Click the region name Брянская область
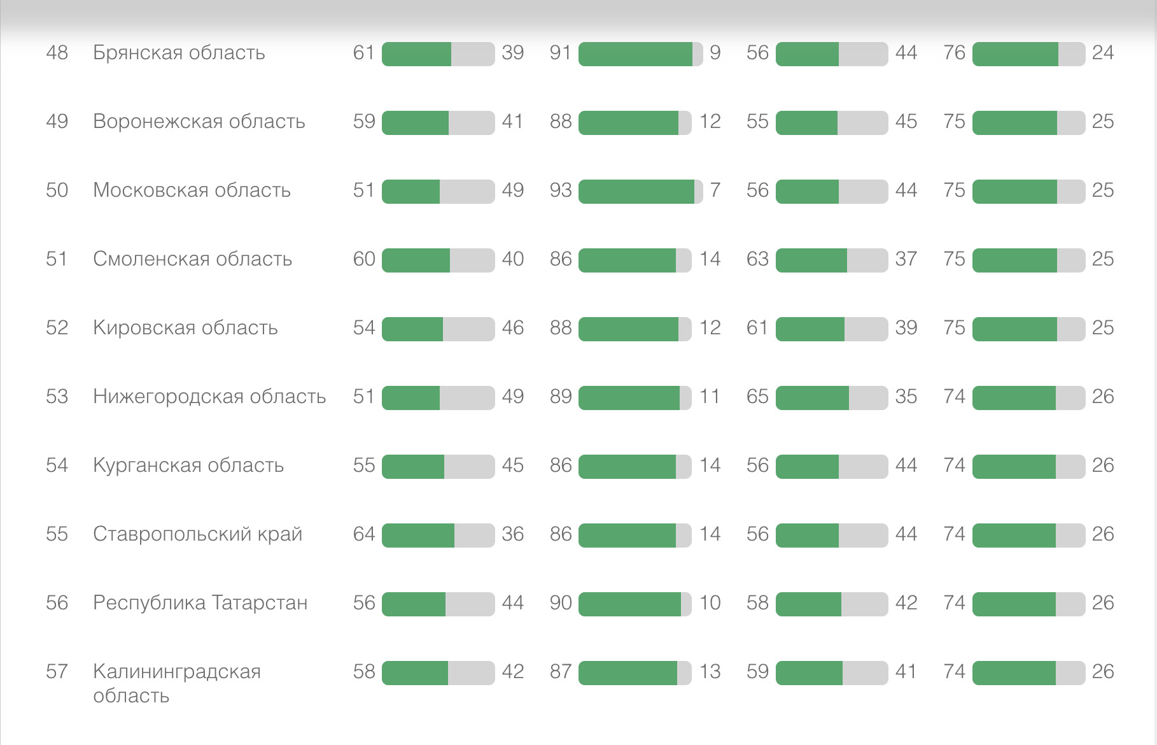[x=179, y=52]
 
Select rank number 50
[x=57, y=190]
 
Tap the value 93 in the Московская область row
[x=561, y=190]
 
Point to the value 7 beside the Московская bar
[x=715, y=190]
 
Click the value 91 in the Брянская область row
[x=561, y=52]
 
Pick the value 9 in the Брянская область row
[x=715, y=52]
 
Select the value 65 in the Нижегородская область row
[x=757, y=396]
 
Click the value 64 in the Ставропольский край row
[x=364, y=534]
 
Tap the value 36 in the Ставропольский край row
[x=513, y=534]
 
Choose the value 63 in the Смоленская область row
[x=757, y=259]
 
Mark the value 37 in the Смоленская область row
[x=906, y=259]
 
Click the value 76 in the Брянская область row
[x=955, y=52]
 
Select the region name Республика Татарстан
[x=200, y=602]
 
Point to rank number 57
[x=57, y=671]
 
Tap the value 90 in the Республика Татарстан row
[x=561, y=602]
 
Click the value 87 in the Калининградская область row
[x=561, y=671]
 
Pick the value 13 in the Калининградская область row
[x=710, y=671]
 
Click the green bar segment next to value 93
[x=636, y=191]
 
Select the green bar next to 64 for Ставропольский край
[x=418, y=535]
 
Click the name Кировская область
[x=185, y=327]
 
